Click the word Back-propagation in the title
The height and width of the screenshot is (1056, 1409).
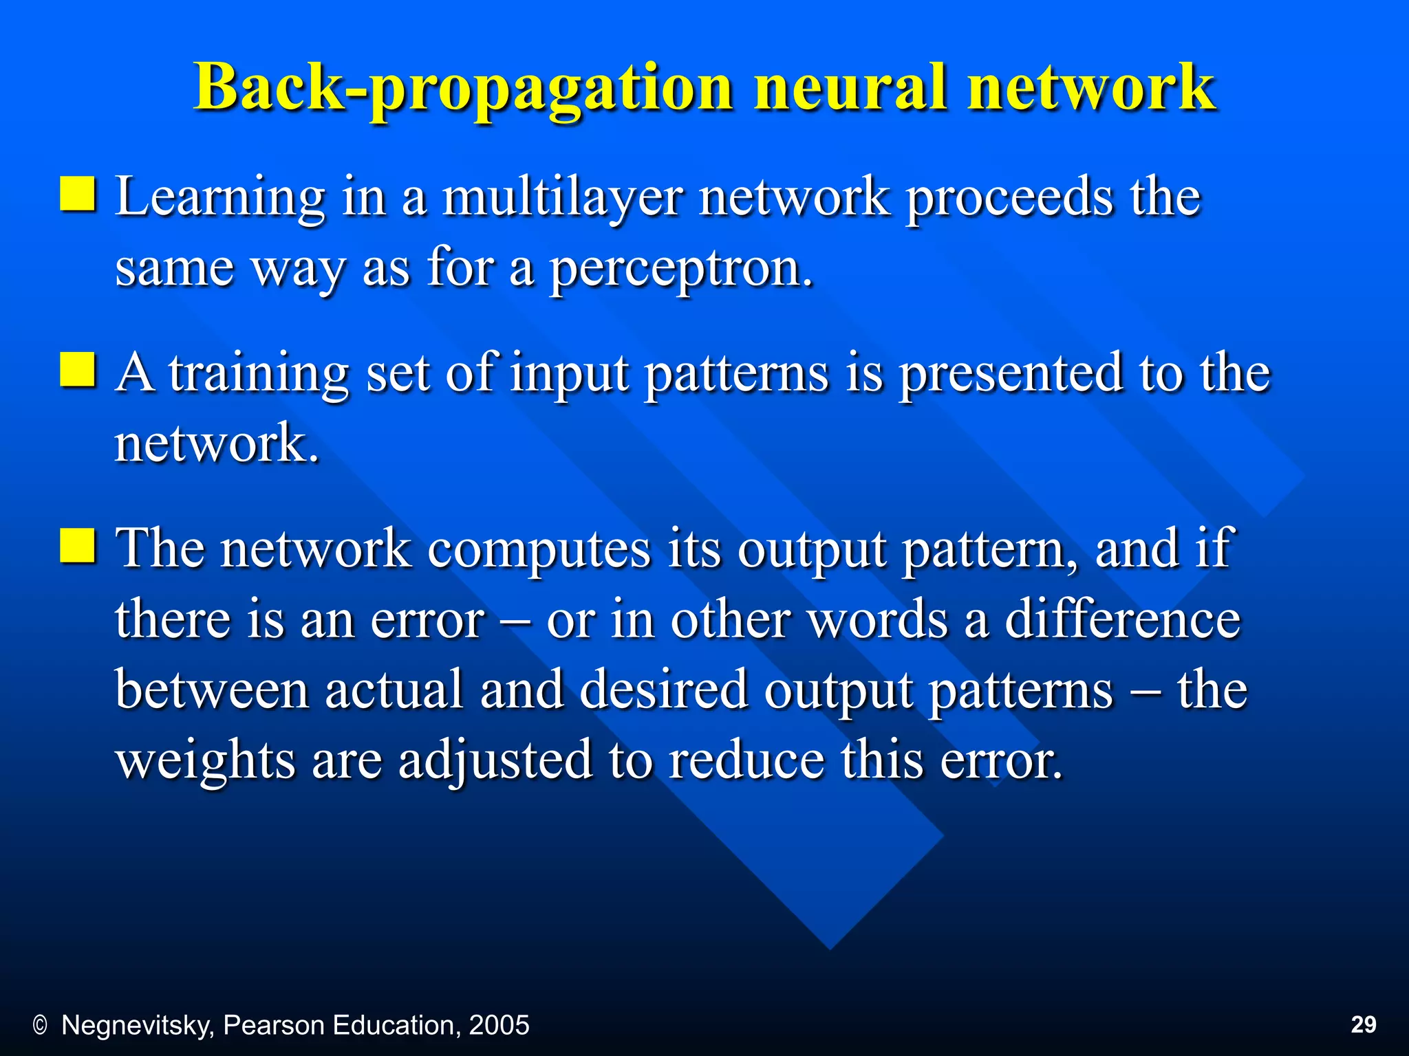pyautogui.click(x=463, y=88)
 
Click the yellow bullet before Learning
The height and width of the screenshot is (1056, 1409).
pyautogui.click(x=77, y=193)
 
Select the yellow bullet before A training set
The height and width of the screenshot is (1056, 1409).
pyautogui.click(x=77, y=370)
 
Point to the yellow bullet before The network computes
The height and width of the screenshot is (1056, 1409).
pyautogui.click(x=77, y=546)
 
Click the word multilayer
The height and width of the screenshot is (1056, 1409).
pyautogui.click(x=563, y=198)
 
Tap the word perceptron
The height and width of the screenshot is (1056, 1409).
pyautogui.click(x=680, y=268)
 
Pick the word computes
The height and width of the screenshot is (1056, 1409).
pyautogui.click(x=539, y=550)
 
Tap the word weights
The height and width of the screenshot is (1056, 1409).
pyautogui.click(x=205, y=762)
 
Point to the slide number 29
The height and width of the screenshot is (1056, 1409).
pyautogui.click(x=1364, y=1024)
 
